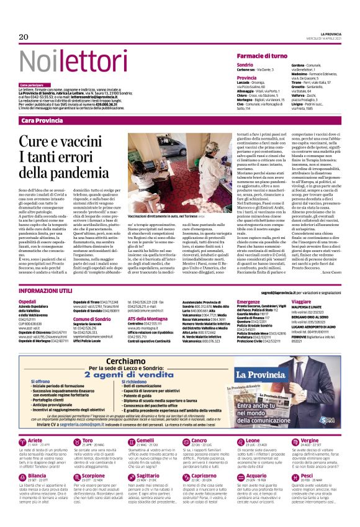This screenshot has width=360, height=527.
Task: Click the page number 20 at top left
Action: tap(24, 37)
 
